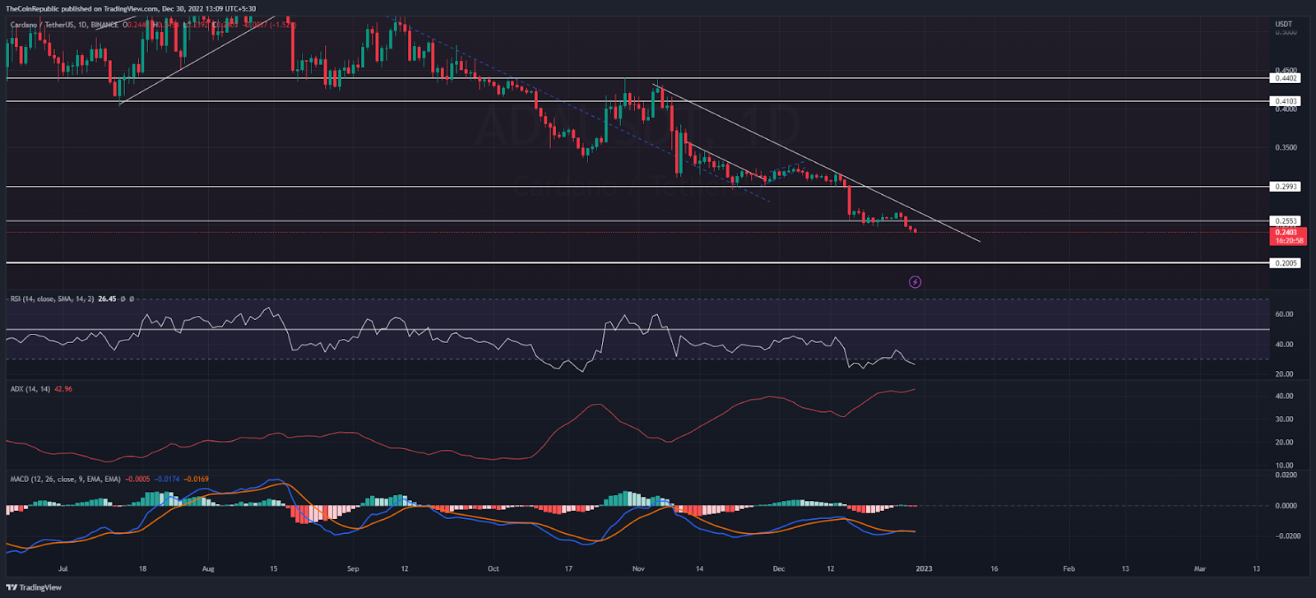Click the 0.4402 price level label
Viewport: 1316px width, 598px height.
pyautogui.click(x=1285, y=78)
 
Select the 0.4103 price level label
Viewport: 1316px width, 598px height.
pyautogui.click(x=1285, y=101)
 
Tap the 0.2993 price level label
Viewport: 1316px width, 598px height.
pyautogui.click(x=1285, y=187)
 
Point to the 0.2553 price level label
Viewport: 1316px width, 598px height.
pyautogui.click(x=1285, y=221)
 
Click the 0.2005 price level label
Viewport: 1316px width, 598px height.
pyautogui.click(x=1285, y=263)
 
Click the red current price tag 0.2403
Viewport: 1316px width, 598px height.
pyautogui.click(x=1287, y=233)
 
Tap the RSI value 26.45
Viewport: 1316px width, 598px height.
pyautogui.click(x=107, y=299)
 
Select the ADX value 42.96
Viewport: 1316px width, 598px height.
pyautogui.click(x=63, y=389)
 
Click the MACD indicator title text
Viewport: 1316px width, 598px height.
pyautogui.click(x=65, y=479)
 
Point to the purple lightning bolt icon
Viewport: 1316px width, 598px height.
pyautogui.click(x=915, y=282)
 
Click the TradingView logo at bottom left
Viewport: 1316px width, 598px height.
pyautogui.click(x=34, y=587)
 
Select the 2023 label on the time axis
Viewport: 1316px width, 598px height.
pyautogui.click(x=924, y=568)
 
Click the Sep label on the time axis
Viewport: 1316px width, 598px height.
pyautogui.click(x=353, y=568)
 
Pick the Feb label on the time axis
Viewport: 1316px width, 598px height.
pyautogui.click(x=1068, y=568)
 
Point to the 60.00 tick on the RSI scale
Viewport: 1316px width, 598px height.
pyautogui.click(x=1283, y=314)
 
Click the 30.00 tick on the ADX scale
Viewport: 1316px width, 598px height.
pyautogui.click(x=1283, y=420)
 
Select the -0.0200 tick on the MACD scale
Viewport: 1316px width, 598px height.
pyautogui.click(x=1285, y=536)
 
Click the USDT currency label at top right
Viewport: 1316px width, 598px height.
pyautogui.click(x=1283, y=24)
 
